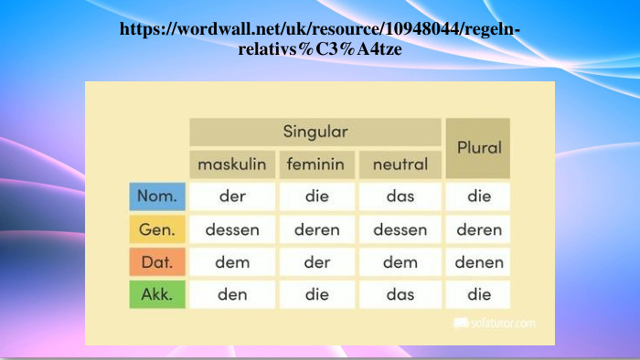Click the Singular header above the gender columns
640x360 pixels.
(x=315, y=132)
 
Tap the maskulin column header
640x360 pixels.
(x=232, y=164)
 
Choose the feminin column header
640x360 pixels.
(x=315, y=164)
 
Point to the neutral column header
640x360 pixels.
(x=400, y=164)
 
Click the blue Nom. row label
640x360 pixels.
(x=157, y=196)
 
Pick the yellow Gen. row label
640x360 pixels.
(x=157, y=229)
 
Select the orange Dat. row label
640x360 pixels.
(x=157, y=262)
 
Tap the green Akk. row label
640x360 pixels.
(x=157, y=294)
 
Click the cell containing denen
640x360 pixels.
(x=478, y=262)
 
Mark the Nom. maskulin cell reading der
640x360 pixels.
(x=232, y=196)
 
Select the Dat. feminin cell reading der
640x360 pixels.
(x=315, y=262)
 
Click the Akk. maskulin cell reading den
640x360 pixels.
(x=232, y=294)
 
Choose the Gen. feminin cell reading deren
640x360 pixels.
(x=315, y=229)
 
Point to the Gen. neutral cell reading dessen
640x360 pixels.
(x=400, y=229)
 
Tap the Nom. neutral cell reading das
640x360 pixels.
(x=400, y=196)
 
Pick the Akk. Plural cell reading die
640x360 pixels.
(x=478, y=294)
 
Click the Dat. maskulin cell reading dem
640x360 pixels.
(x=232, y=262)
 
